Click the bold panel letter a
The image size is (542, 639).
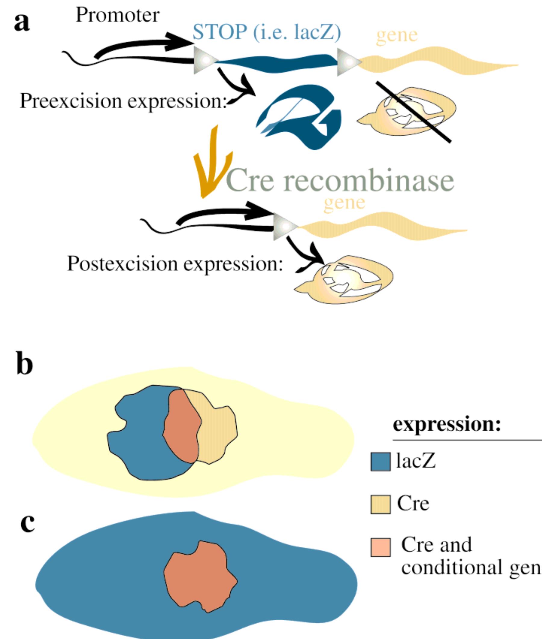[22, 23]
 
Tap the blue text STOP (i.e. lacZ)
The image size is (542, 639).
[266, 34]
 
